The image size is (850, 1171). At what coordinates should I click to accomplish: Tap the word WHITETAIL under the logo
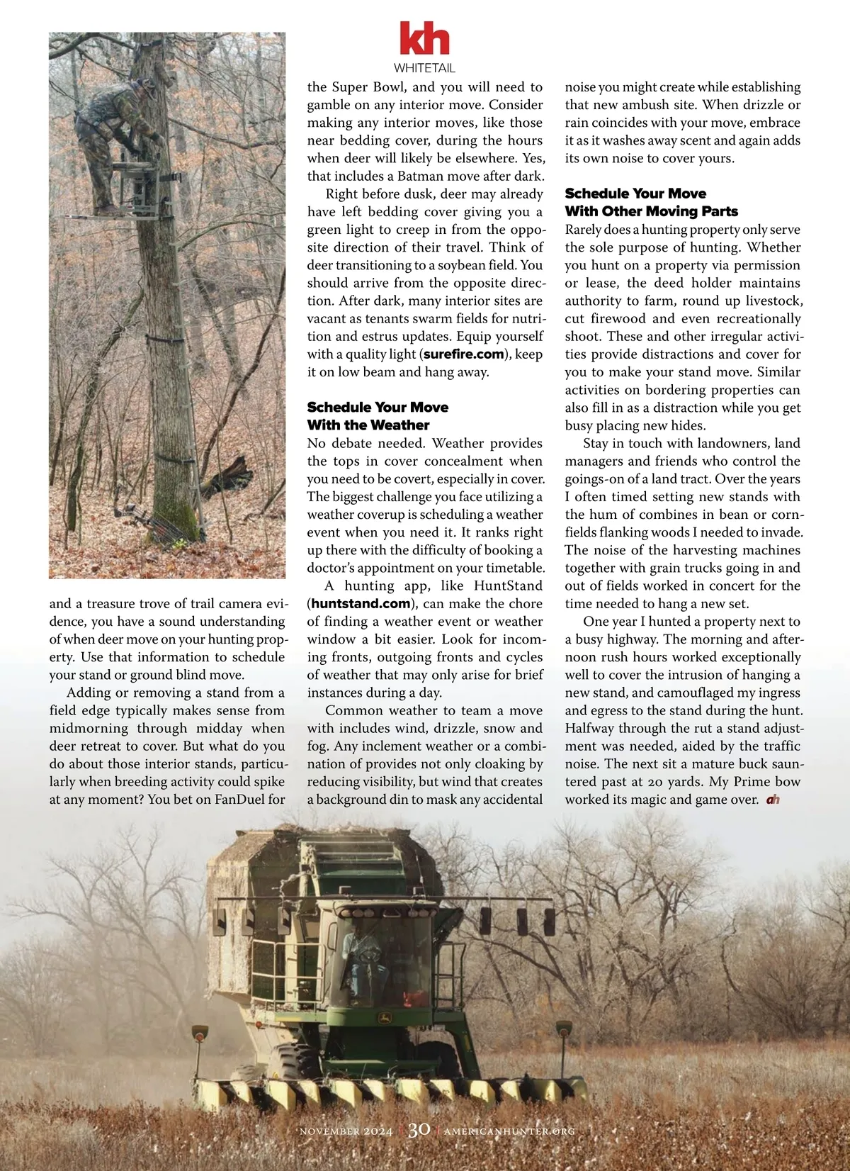[424, 69]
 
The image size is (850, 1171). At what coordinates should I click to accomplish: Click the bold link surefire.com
[464, 354]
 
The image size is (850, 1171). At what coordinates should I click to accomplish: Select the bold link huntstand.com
[361, 604]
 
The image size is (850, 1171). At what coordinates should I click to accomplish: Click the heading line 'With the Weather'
[368, 425]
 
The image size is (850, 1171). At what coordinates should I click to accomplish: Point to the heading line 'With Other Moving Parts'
[651, 211]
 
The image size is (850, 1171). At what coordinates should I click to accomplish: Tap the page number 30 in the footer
[419, 1129]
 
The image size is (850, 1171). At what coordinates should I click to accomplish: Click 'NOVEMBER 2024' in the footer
[346, 1131]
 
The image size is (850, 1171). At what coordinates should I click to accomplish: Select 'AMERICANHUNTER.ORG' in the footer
[509, 1131]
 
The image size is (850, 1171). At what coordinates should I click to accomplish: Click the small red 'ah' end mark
[773, 800]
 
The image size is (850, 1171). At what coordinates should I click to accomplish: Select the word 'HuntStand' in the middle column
[508, 586]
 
